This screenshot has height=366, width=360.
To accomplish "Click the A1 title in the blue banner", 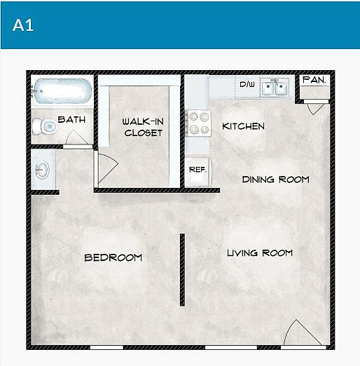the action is click(x=23, y=25).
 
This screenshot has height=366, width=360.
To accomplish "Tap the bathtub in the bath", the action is click(x=62, y=91).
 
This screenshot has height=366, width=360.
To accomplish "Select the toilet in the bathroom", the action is click(x=44, y=126).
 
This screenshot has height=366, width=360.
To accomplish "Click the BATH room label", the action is click(x=71, y=120).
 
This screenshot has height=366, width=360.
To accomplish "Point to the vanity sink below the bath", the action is click(x=42, y=170).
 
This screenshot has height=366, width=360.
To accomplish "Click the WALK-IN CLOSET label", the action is click(x=143, y=127).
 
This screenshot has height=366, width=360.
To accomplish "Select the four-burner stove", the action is click(x=198, y=123).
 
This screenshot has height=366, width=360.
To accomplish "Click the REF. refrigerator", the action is click(x=198, y=172).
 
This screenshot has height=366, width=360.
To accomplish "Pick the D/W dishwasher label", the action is click(x=247, y=84).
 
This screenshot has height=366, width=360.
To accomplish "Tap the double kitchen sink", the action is click(x=275, y=87).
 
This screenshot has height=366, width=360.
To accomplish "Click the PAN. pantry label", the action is click(x=314, y=80).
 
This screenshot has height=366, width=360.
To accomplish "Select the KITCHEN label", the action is click(x=243, y=126).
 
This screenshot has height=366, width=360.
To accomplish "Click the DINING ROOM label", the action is click(x=275, y=179).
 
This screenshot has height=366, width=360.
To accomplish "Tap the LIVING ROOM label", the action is click(x=260, y=253).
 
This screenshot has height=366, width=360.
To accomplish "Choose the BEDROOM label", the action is click(x=113, y=257).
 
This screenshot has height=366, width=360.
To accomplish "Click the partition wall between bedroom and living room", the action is click(x=182, y=270).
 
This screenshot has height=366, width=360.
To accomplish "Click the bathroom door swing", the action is click(x=76, y=137).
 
